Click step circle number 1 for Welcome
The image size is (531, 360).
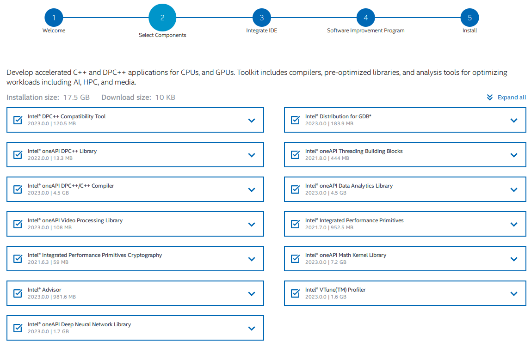54,18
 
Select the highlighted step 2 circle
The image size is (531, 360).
162,18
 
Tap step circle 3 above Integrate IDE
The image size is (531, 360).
262,18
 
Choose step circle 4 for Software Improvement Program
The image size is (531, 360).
366,18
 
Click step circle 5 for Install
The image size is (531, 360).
469,18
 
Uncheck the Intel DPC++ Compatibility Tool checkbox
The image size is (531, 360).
18,120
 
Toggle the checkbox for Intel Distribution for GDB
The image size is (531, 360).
295,120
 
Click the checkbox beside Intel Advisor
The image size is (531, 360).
18,293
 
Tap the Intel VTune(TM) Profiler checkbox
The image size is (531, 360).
295,293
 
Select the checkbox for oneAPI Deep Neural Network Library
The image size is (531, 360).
18,328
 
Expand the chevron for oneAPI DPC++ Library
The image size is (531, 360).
252,155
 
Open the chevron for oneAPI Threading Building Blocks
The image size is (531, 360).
514,155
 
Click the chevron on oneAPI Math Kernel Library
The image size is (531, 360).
514,259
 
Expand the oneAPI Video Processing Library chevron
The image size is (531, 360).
252,224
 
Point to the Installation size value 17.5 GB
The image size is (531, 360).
76,98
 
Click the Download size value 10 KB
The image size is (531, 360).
165,98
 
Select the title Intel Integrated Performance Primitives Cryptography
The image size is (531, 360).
95,255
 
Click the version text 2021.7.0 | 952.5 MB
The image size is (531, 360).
329,228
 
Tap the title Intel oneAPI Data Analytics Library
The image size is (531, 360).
349,186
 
